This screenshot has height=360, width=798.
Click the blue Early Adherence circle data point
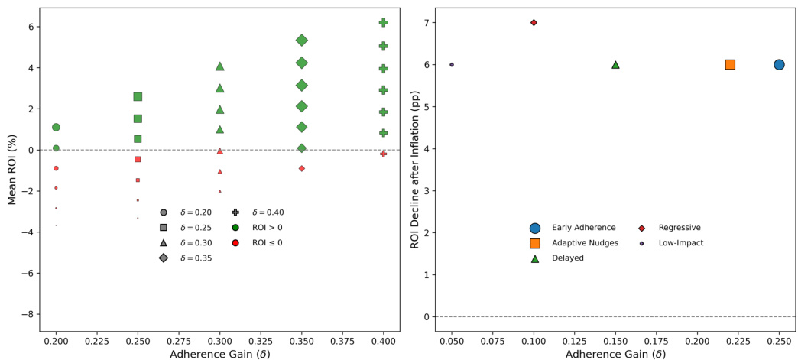779,65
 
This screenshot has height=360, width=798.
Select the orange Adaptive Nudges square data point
730,65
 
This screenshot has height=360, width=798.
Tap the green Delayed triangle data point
615,65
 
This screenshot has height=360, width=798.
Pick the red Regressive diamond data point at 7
534,22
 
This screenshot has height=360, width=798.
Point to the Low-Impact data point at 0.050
452,65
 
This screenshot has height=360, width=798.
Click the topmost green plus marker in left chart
384,23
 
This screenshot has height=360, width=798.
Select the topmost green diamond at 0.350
302,40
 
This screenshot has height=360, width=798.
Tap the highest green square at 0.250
138,96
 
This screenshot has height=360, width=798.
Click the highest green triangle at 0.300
220,66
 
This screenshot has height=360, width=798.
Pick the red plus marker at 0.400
384,154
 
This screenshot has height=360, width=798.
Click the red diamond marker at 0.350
302,168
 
